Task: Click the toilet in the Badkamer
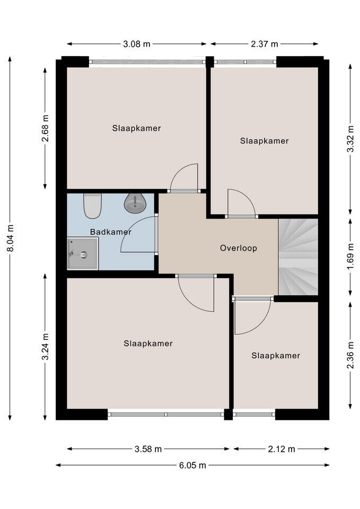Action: pos(92,206)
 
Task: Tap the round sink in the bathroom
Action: pos(135,204)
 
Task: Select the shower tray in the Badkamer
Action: pos(83,253)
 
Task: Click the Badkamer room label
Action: pos(111,232)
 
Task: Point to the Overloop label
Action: pos(239,248)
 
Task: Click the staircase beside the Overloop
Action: pos(298,257)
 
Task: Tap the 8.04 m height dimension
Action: pos(11,238)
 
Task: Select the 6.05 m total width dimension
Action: pos(192,465)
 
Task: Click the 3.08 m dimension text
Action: pos(137,44)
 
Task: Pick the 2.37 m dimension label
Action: pos(265,44)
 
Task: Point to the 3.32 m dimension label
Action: pos(350,138)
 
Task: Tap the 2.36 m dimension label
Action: pos(350,355)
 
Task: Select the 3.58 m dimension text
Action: pos(148,449)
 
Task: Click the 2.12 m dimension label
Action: pos(282,449)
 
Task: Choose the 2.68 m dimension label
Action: pos(45,128)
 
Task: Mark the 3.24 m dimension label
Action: pos(45,346)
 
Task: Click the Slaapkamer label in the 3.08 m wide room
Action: pos(137,128)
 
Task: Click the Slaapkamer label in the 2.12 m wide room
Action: pos(276,355)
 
